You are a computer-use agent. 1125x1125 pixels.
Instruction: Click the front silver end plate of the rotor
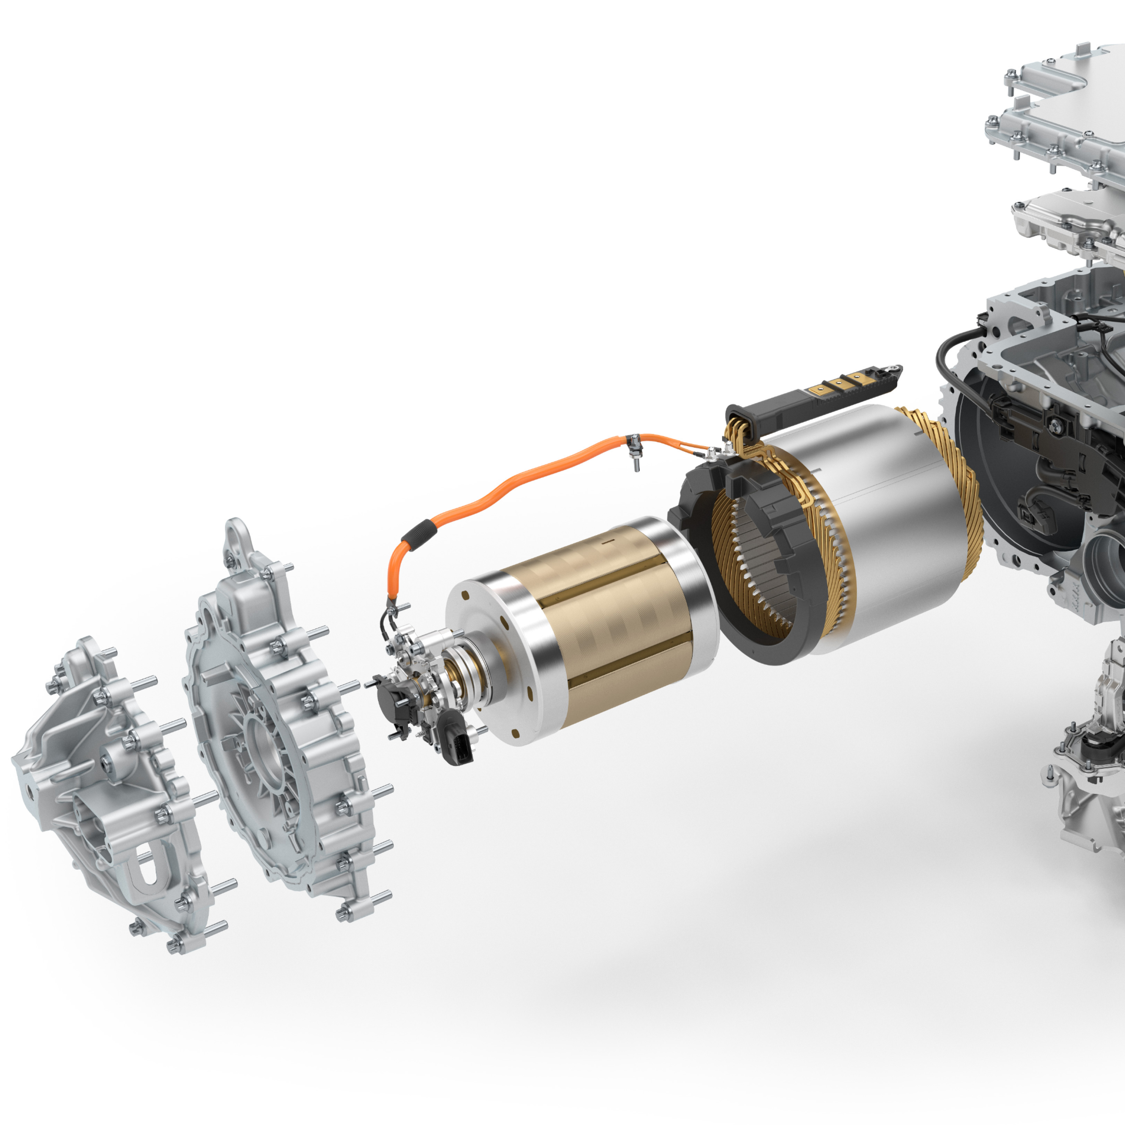coord(495,658)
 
